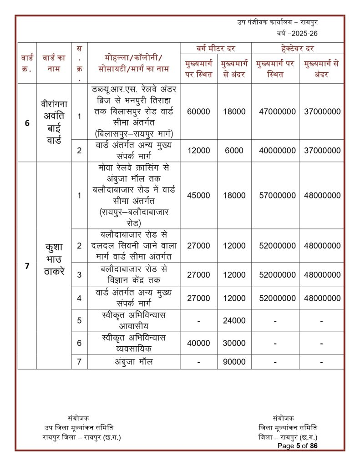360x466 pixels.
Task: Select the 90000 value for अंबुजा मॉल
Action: (x=234, y=362)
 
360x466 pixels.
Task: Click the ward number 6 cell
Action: (x=27, y=122)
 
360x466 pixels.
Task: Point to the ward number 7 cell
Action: (x=27, y=265)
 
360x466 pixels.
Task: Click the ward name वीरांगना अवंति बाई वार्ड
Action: (x=54, y=116)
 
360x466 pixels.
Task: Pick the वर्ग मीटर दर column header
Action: (x=216, y=48)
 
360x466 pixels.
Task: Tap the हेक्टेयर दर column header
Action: (x=298, y=48)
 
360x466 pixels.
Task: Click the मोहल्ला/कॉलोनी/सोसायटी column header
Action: (x=134, y=64)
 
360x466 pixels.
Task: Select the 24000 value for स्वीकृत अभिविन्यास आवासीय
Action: (x=234, y=320)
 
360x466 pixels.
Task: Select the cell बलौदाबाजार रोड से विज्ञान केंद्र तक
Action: (x=134, y=274)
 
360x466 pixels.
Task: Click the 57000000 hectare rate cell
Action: (x=275, y=195)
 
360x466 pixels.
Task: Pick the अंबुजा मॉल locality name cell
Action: (x=134, y=362)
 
